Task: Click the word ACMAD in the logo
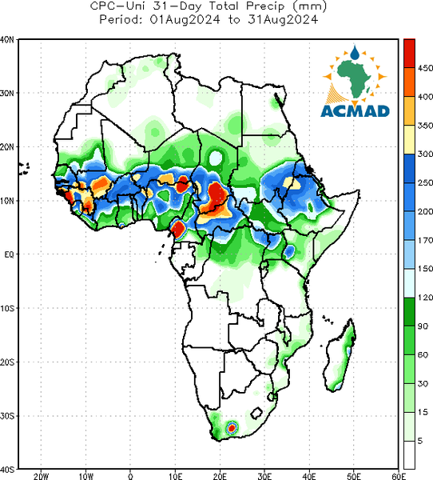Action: [355, 111]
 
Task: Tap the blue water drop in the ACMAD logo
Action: [355, 53]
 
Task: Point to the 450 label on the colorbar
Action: [425, 68]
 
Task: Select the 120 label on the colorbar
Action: [425, 298]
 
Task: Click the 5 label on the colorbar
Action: [420, 441]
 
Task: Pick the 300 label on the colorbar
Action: [425, 154]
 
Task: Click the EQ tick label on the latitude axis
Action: [9, 254]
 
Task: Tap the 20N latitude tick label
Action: [7, 147]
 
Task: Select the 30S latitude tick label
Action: [7, 416]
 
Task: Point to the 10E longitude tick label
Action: [175, 476]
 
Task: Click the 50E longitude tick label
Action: [354, 476]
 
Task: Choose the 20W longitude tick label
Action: [41, 476]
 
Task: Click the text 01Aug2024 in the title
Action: [185, 19]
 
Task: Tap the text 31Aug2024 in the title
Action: [283, 19]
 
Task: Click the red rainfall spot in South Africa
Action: [232, 428]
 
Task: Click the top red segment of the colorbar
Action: [409, 54]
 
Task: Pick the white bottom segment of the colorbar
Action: [409, 454]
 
